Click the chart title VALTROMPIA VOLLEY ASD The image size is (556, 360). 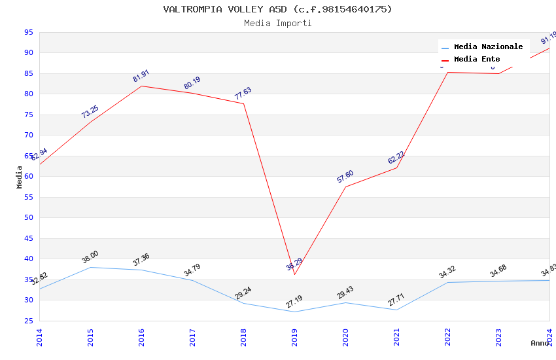pos(277,9)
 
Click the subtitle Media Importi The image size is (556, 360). pos(277,23)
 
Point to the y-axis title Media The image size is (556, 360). pos(20,177)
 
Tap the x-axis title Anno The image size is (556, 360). pos(540,343)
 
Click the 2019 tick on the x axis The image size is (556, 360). pos(294,337)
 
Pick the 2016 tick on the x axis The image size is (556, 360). pos(141,337)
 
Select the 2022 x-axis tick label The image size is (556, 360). pos(447,337)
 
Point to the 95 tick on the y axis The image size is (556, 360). pos(28,32)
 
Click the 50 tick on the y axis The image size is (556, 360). pos(28,218)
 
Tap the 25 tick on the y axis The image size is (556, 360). pos(28,321)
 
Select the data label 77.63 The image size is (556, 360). pos(243,94)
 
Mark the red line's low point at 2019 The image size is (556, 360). pos(294,274)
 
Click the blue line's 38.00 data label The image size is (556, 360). pos(90,257)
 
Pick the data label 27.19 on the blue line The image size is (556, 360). pos(294,302)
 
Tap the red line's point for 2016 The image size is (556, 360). pos(141,86)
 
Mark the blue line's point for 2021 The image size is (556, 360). pos(396,310)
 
